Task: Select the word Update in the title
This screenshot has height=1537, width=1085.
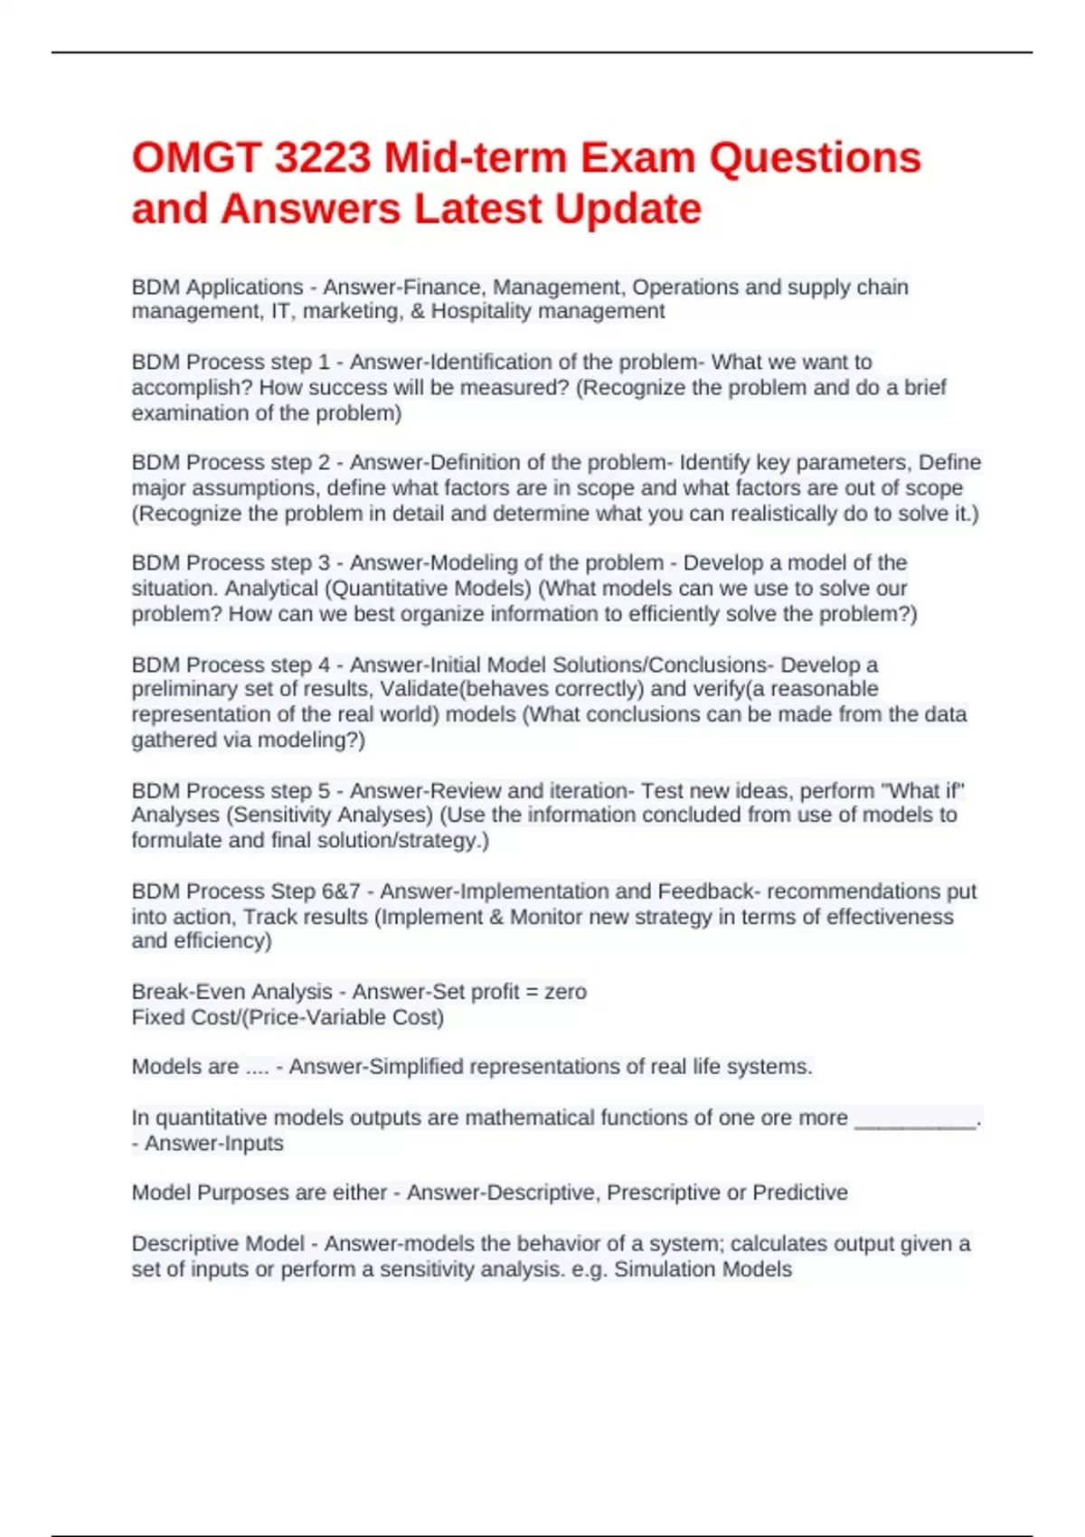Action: [x=627, y=209]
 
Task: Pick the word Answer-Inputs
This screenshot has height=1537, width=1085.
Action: [x=214, y=1144]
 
